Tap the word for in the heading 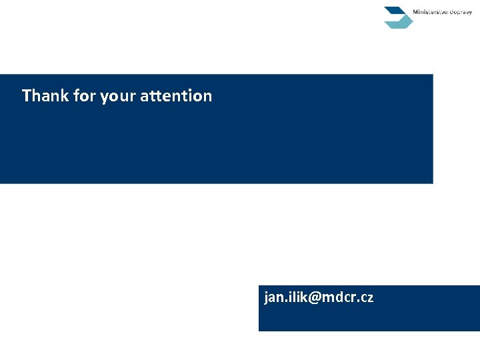[85, 96]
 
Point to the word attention [176, 96]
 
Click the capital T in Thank [27, 96]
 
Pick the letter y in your [104, 98]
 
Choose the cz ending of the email [367, 298]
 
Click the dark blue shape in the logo [395, 11]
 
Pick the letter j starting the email [266, 298]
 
